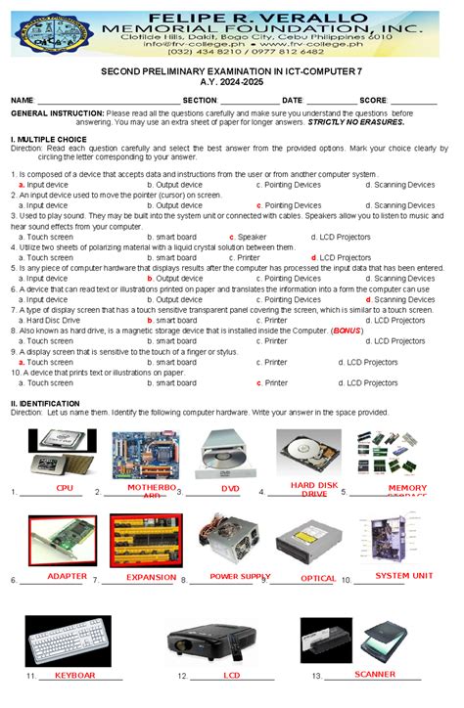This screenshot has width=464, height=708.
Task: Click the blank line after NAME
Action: [x=107, y=101]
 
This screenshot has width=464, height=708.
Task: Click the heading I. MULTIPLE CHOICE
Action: [x=48, y=140]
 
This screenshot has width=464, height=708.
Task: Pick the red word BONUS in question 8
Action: [x=347, y=331]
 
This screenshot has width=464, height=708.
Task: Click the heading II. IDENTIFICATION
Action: [x=45, y=403]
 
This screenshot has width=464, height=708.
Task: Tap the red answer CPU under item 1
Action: [x=65, y=487]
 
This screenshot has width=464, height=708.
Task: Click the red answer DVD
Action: [x=230, y=488]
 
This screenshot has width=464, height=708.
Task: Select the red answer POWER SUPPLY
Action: [x=239, y=576]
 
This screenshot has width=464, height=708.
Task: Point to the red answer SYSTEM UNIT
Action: [x=404, y=575]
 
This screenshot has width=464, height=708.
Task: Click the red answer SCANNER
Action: [x=375, y=674]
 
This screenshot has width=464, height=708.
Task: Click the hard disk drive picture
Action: [x=309, y=453]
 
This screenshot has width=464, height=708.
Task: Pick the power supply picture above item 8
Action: [x=231, y=540]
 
